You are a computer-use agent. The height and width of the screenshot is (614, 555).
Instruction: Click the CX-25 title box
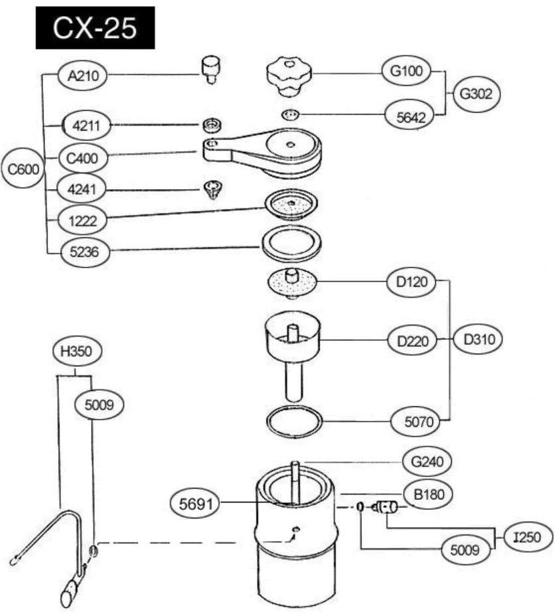(x=94, y=28)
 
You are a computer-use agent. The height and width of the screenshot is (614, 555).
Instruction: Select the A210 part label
(x=83, y=76)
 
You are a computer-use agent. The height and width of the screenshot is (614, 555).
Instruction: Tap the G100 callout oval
(x=406, y=72)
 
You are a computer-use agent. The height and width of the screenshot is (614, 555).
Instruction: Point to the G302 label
(x=476, y=94)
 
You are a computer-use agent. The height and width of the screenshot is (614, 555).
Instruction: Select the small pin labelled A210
(x=210, y=69)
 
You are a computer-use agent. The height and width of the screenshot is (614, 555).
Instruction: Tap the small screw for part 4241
(x=212, y=189)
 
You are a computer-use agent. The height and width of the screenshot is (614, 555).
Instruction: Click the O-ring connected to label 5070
(x=295, y=420)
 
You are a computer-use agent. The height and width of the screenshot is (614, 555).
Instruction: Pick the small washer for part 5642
(x=290, y=115)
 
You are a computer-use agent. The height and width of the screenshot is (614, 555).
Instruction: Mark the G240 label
(x=428, y=460)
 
